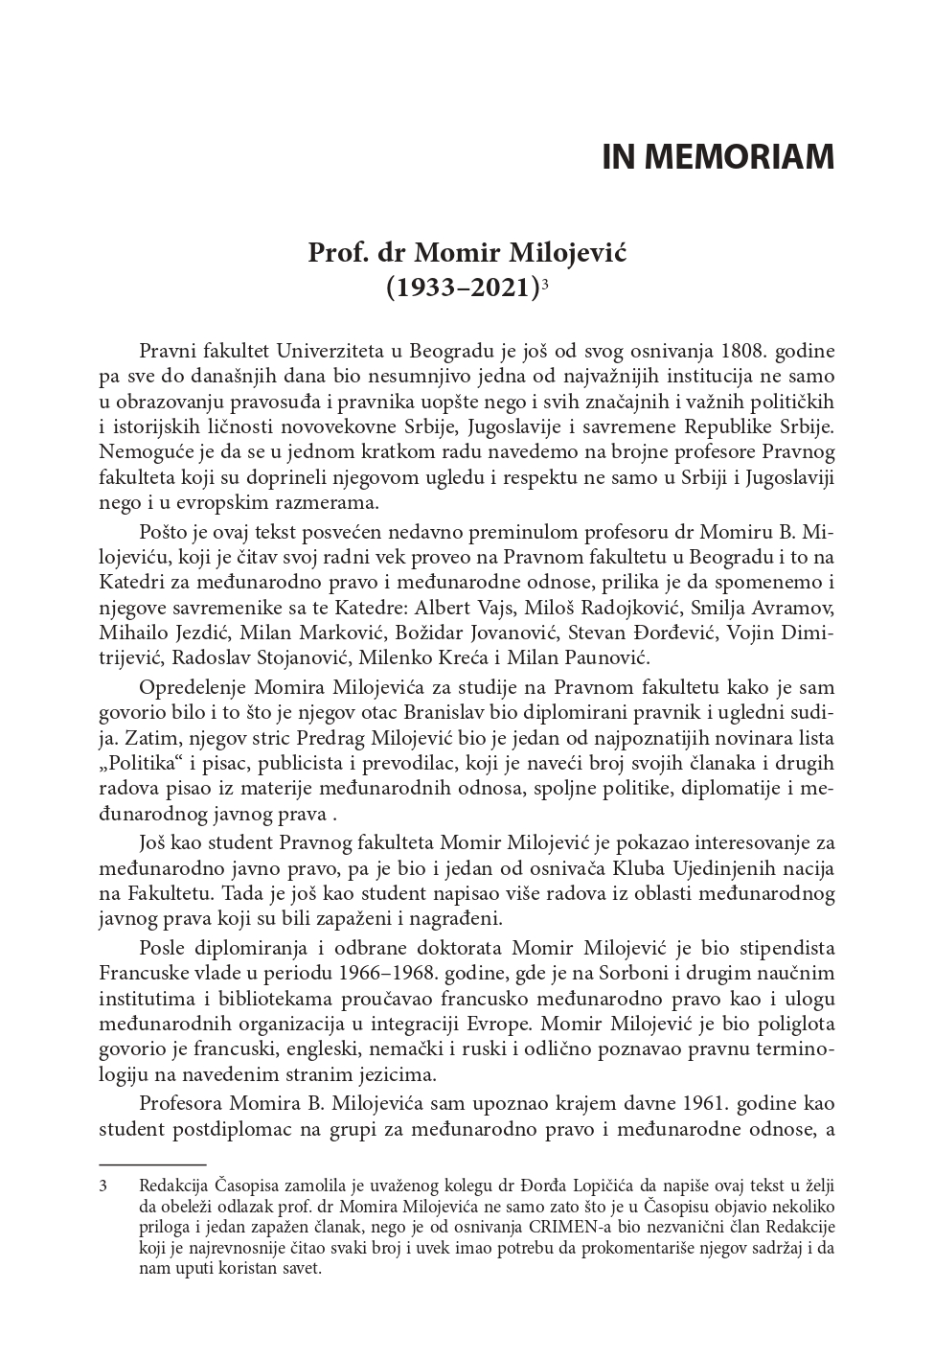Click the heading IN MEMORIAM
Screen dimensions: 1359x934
click(718, 157)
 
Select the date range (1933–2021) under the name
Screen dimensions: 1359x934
click(463, 287)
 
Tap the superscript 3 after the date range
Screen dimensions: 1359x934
click(544, 284)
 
